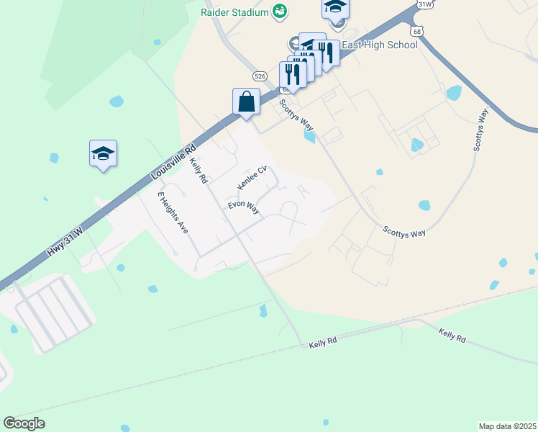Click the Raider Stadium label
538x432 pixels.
tap(234, 12)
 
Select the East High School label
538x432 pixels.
tap(380, 45)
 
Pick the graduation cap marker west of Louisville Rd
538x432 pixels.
tap(103, 153)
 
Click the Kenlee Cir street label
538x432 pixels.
tap(252, 179)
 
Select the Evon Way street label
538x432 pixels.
tap(243, 207)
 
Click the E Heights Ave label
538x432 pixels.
tap(173, 213)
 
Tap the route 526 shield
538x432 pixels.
tap(260, 75)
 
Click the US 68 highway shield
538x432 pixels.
tap(417, 31)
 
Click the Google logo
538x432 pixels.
tap(24, 423)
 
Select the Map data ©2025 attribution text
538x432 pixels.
tap(508, 426)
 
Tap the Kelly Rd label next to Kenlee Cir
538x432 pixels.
tap(199, 171)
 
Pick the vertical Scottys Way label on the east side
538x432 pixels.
tap(480, 130)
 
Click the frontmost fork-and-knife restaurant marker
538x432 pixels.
tap(293, 74)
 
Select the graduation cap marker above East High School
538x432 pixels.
tap(335, 8)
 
